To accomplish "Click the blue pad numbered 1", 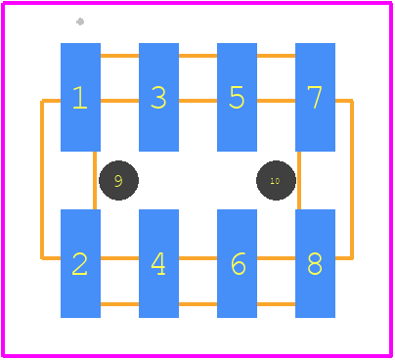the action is point(80,97).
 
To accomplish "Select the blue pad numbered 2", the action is point(80,263).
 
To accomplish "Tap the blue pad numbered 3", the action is point(158,97).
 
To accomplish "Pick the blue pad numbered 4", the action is point(158,263).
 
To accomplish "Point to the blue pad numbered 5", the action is point(237,97).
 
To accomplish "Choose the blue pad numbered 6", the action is point(237,263).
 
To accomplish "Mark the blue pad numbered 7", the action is point(315,97).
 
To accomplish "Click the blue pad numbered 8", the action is point(315,263).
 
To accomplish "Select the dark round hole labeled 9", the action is point(118,180).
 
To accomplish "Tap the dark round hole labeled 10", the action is point(276,180).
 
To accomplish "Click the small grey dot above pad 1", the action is point(80,22).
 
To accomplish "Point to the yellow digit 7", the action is point(315,97).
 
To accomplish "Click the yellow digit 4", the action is point(158,264).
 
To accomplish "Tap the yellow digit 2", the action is point(80,264).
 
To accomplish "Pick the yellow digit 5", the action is point(237,97).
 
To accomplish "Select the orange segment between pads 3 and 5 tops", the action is point(197,56).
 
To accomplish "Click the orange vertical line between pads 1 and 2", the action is point(95,180).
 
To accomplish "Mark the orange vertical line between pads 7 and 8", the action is point(299,180).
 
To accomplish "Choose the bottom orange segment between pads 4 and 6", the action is point(197,304).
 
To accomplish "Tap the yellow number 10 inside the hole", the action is point(275,181).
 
